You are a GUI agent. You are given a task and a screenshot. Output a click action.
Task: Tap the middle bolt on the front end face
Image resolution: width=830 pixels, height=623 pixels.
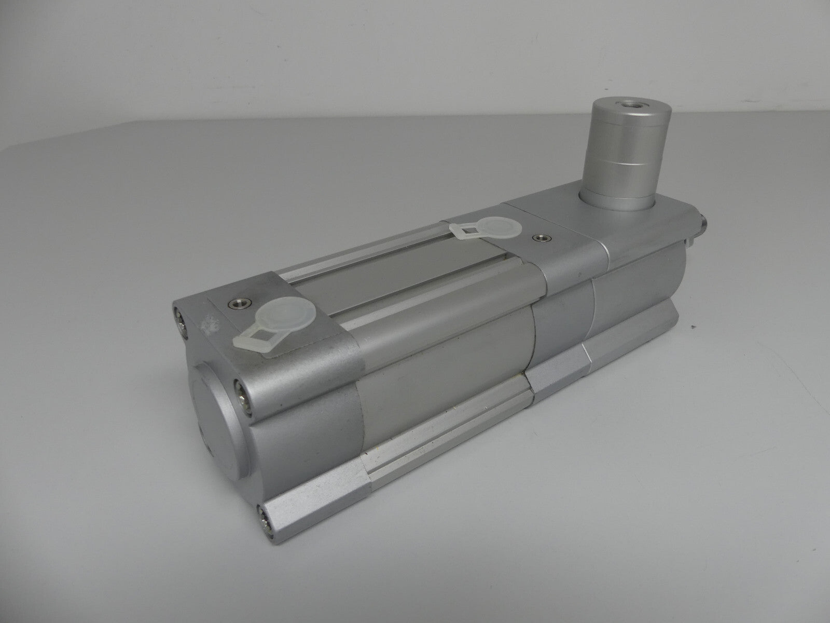point(242,386)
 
